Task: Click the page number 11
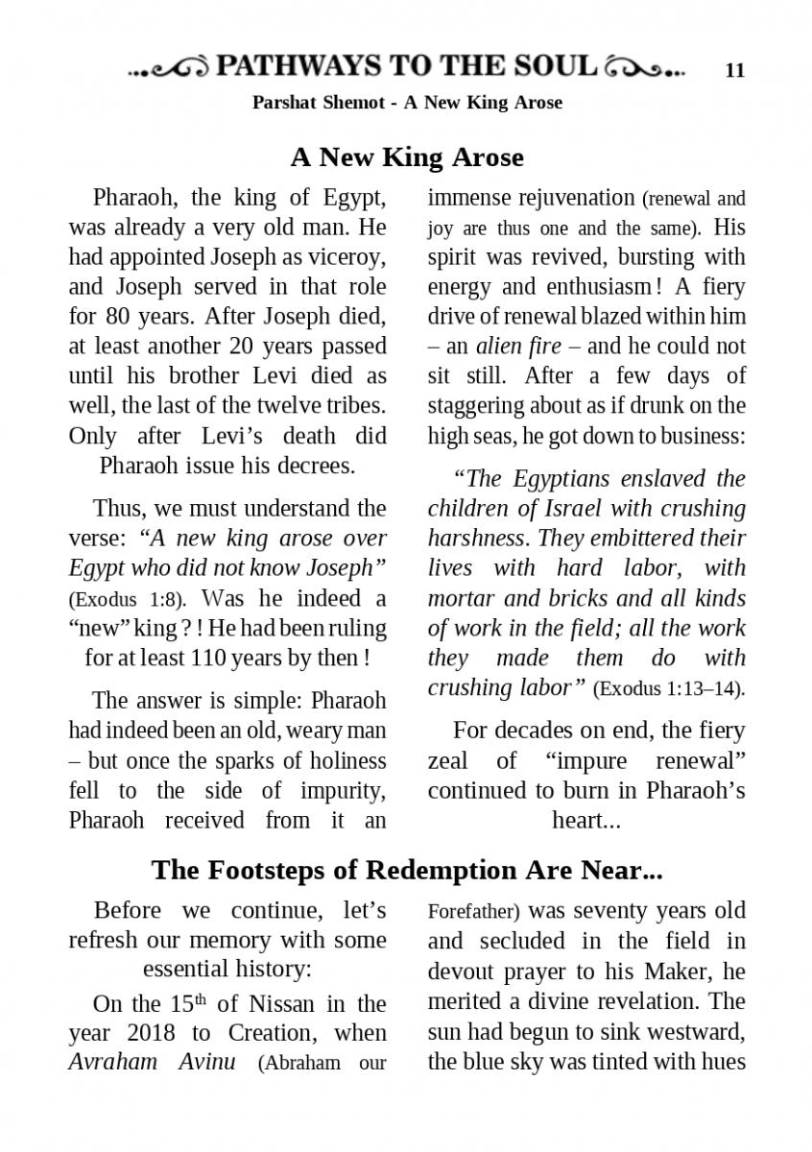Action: click(735, 70)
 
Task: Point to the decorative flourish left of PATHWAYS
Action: click(169, 68)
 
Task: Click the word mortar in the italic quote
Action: click(462, 598)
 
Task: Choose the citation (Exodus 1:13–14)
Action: click(669, 689)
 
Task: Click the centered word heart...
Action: click(583, 821)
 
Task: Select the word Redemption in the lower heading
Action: click(442, 871)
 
